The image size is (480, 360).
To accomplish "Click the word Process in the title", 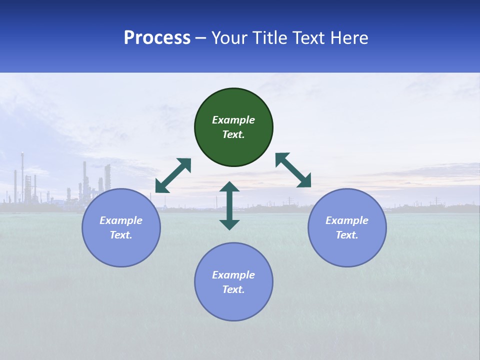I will (x=157, y=38).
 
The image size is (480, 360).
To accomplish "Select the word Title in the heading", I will (x=272, y=38).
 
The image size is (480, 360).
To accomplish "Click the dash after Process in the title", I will (x=201, y=38).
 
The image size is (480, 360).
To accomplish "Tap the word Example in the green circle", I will (x=233, y=120).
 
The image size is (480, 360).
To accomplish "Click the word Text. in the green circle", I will (x=233, y=134).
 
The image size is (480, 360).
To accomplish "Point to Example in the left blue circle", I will (x=121, y=220).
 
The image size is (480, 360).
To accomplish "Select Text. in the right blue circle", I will (x=347, y=235).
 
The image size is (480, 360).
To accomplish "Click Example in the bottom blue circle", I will (x=233, y=275).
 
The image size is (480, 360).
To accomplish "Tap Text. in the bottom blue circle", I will (x=233, y=289).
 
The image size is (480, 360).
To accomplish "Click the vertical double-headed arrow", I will (x=229, y=205).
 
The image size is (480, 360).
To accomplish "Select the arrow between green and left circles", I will (x=173, y=175).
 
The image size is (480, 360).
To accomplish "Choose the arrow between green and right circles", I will (x=293, y=170).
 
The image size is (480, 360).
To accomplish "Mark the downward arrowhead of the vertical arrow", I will (x=229, y=224).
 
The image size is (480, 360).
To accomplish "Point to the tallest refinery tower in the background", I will (x=22, y=175).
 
